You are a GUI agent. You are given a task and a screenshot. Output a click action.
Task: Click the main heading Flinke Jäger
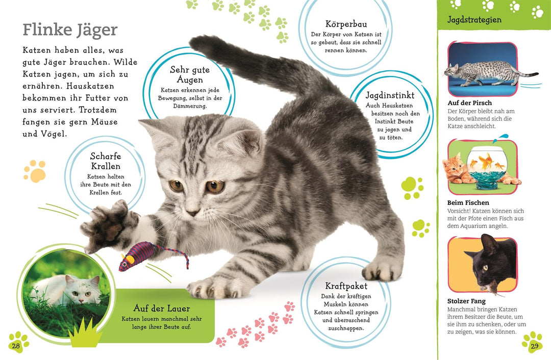[70, 30]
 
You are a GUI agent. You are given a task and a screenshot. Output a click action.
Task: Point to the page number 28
[16, 346]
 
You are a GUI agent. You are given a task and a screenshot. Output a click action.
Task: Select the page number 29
[534, 346]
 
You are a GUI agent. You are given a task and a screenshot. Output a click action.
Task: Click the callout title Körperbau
[346, 24]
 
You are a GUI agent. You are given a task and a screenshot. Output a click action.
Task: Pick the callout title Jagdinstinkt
[389, 95]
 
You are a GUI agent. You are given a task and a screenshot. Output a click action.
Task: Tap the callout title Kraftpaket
[346, 286]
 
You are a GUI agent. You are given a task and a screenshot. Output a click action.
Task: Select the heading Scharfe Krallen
[106, 162]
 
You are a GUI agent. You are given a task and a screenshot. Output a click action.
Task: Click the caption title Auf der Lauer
[161, 308]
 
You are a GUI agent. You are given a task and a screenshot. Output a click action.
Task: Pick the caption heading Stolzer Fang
[466, 301]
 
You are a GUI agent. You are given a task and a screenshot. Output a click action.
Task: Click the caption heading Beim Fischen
[468, 203]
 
